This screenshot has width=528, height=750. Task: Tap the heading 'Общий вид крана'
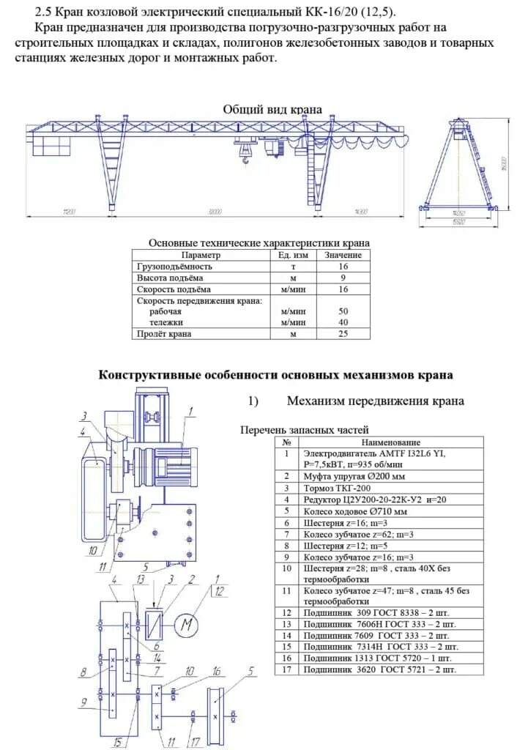click(x=272, y=109)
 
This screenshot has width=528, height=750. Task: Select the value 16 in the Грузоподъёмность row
click(x=343, y=267)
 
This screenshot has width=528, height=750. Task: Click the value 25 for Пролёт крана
click(x=343, y=334)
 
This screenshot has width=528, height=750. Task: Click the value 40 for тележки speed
click(x=343, y=322)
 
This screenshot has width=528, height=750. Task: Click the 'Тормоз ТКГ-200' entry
click(x=338, y=488)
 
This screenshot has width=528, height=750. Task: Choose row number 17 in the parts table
click(x=287, y=669)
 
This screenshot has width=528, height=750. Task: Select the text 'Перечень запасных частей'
click(x=304, y=430)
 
